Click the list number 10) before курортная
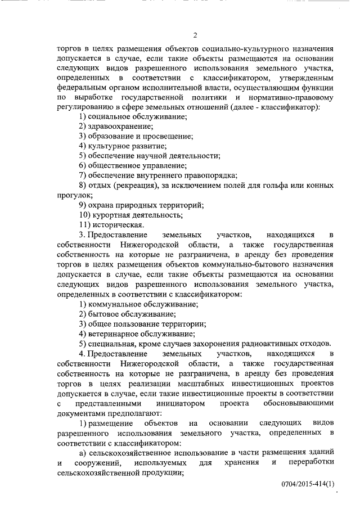[84, 215]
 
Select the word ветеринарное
[116, 334]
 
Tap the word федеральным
[82, 88]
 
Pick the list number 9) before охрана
[82, 205]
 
